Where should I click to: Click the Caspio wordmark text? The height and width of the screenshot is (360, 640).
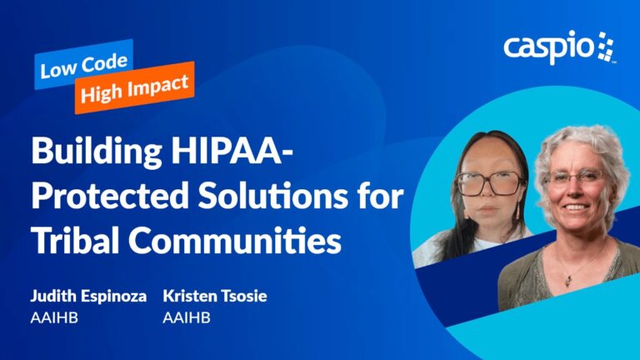click(x=549, y=47)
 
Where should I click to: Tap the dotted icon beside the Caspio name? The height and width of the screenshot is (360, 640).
click(x=606, y=46)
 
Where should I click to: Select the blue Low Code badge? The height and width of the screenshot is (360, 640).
click(x=83, y=64)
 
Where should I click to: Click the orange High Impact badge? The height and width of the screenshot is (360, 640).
click(x=134, y=87)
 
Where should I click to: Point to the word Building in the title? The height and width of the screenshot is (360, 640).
click(x=97, y=152)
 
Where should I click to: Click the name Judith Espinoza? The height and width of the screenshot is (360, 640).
click(x=88, y=297)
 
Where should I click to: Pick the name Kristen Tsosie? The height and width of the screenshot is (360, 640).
click(x=215, y=296)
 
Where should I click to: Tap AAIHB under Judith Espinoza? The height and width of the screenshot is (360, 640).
click(x=54, y=317)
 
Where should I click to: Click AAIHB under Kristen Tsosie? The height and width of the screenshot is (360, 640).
click(x=187, y=317)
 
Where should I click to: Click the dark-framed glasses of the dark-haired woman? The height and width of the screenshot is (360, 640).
click(x=488, y=183)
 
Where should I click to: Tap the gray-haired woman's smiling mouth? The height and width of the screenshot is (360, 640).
click(x=576, y=207)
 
